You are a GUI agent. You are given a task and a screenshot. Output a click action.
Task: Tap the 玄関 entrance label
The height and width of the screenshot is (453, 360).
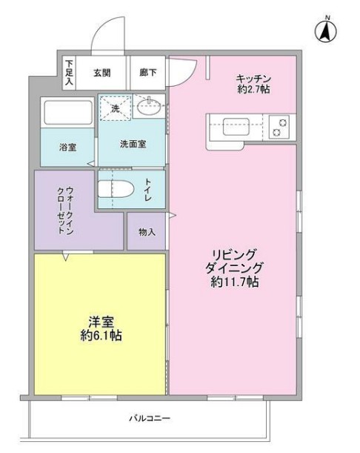pos(102,73)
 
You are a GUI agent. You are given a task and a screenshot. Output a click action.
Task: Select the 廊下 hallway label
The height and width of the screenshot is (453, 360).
pos(147,73)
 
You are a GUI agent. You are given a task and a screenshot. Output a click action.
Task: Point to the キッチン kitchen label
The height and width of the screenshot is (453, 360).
pos(254,79)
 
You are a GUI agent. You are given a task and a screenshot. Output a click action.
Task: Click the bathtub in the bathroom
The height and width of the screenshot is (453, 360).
pos(67,113)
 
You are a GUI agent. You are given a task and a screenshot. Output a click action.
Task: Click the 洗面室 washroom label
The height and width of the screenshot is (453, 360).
pos(133,145)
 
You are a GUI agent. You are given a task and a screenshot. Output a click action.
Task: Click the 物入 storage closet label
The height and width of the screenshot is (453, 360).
pos(147,232)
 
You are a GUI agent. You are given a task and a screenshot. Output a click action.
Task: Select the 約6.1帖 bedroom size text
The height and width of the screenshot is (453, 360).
pos(101,336)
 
